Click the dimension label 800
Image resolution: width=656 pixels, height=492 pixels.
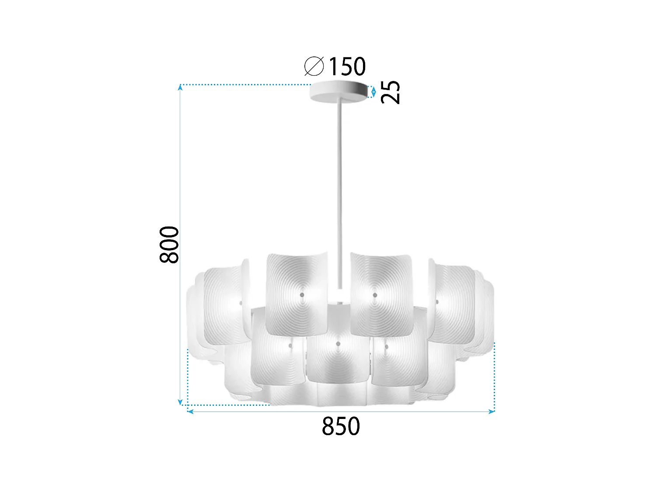tap(170, 245)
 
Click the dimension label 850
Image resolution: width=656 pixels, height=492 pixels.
tap(341, 426)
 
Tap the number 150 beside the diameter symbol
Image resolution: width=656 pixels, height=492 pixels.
tap(347, 66)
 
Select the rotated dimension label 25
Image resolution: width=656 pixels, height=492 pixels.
tap(391, 92)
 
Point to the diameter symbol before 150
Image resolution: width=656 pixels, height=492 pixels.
tap(314, 66)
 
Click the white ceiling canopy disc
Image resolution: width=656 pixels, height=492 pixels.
tap(338, 92)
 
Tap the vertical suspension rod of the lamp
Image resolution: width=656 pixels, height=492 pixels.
tap(339, 184)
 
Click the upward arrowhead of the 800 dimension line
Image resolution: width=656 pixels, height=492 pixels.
tap(180, 87)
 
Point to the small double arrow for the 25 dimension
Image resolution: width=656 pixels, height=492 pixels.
tap(373, 92)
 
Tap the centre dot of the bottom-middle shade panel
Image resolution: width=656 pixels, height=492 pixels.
tap(338, 344)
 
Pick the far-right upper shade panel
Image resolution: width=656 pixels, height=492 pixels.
tap(453, 302)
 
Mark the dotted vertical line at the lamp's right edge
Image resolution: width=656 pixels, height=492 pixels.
tap(494, 376)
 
